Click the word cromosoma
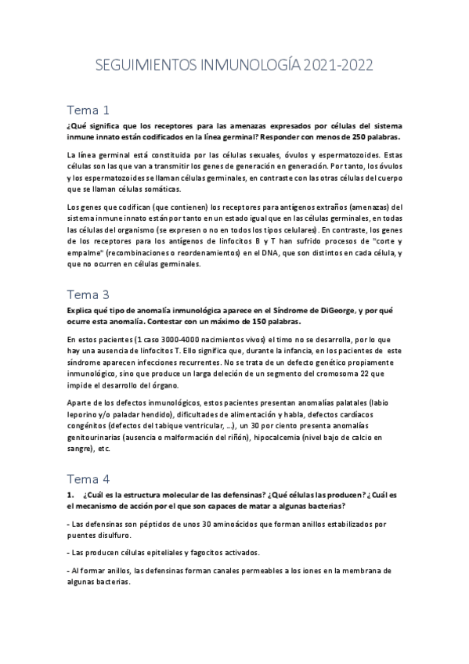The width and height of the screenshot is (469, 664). coord(306,373)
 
